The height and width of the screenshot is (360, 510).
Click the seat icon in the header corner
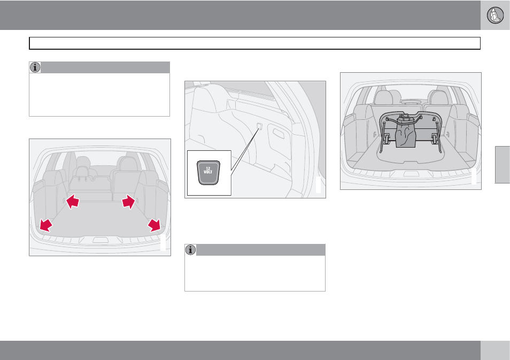[x=495, y=15]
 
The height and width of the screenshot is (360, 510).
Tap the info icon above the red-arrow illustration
[x=35, y=67]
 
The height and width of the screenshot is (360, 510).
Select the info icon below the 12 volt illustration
[x=191, y=250]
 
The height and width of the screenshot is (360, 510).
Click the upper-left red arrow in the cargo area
[x=73, y=202]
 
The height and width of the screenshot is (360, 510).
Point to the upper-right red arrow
[x=128, y=202]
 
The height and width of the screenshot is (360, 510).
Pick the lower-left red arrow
[x=46, y=225]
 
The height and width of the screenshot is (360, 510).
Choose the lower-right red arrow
[x=154, y=225]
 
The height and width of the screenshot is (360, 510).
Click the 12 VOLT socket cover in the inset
[x=208, y=172]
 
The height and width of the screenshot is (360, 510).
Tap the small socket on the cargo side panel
[x=259, y=126]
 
